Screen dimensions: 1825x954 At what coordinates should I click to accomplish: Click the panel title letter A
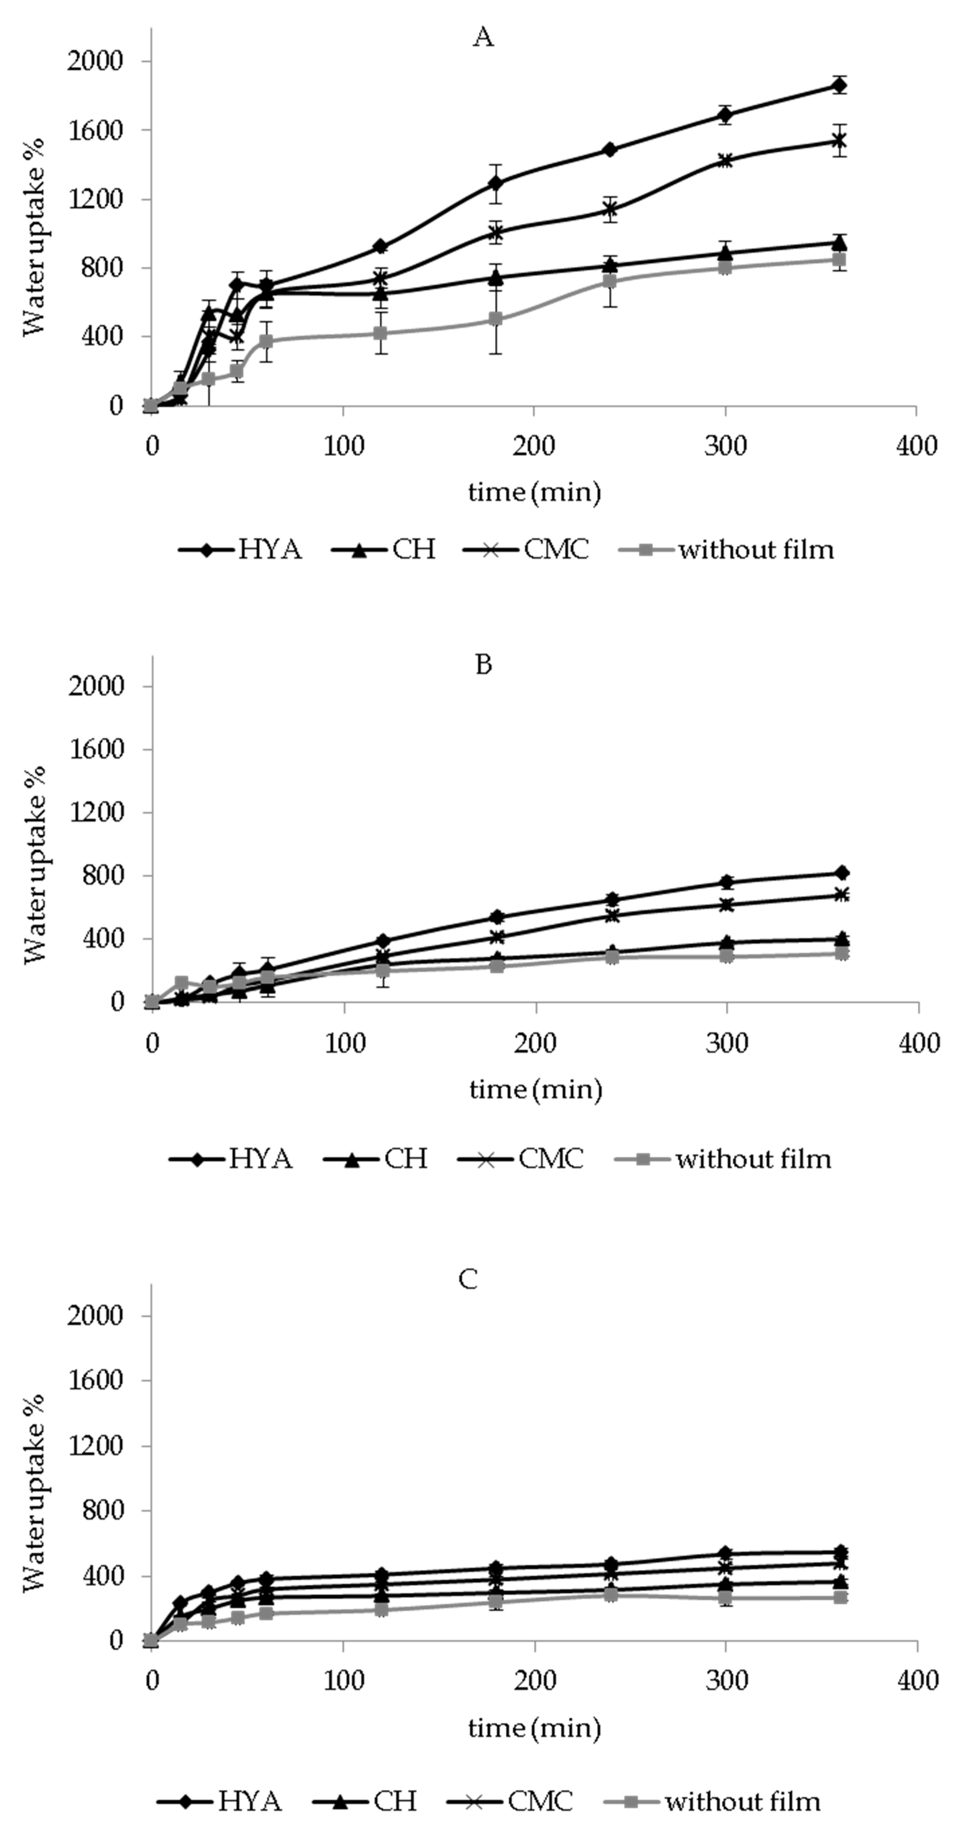coord(483,37)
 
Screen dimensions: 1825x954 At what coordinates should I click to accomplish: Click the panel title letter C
coord(468,1279)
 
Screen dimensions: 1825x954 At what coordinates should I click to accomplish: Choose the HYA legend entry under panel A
coord(241,550)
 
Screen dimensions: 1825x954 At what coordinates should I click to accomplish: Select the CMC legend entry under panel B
coord(521,1159)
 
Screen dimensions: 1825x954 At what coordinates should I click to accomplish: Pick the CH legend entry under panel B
coord(376,1159)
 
